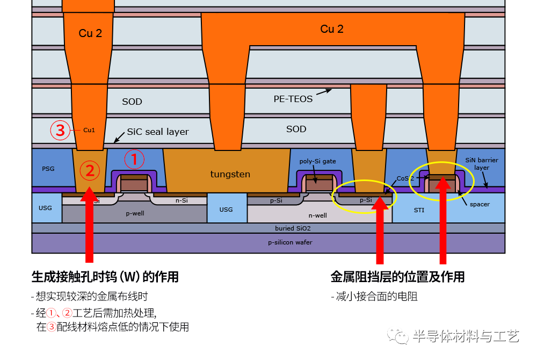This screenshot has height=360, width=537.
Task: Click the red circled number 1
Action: (x=135, y=159)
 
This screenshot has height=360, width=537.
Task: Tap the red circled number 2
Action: (x=90, y=170)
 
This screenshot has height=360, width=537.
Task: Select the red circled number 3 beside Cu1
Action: (x=60, y=130)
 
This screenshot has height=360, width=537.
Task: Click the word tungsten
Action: (x=230, y=174)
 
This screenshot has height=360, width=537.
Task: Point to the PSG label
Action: (x=48, y=169)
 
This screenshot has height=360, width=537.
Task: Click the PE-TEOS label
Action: (x=293, y=99)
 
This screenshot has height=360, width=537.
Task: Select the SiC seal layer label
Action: (x=158, y=132)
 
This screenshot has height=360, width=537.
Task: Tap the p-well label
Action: (x=134, y=213)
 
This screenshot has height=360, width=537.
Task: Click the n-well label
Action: (x=317, y=215)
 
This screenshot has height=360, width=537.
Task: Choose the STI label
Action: (x=419, y=210)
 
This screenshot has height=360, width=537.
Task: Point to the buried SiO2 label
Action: (x=292, y=228)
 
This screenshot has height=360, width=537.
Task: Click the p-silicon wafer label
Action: (x=290, y=242)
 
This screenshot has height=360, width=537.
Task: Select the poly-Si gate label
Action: (x=317, y=161)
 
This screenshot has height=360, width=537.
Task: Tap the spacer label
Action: (x=480, y=205)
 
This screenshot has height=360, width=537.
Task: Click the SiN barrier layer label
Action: (x=482, y=164)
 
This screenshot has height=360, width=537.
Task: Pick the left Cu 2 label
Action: (x=90, y=33)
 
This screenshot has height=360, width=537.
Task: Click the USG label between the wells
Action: (x=226, y=209)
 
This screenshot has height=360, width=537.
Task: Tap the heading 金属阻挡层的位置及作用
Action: (x=397, y=277)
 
